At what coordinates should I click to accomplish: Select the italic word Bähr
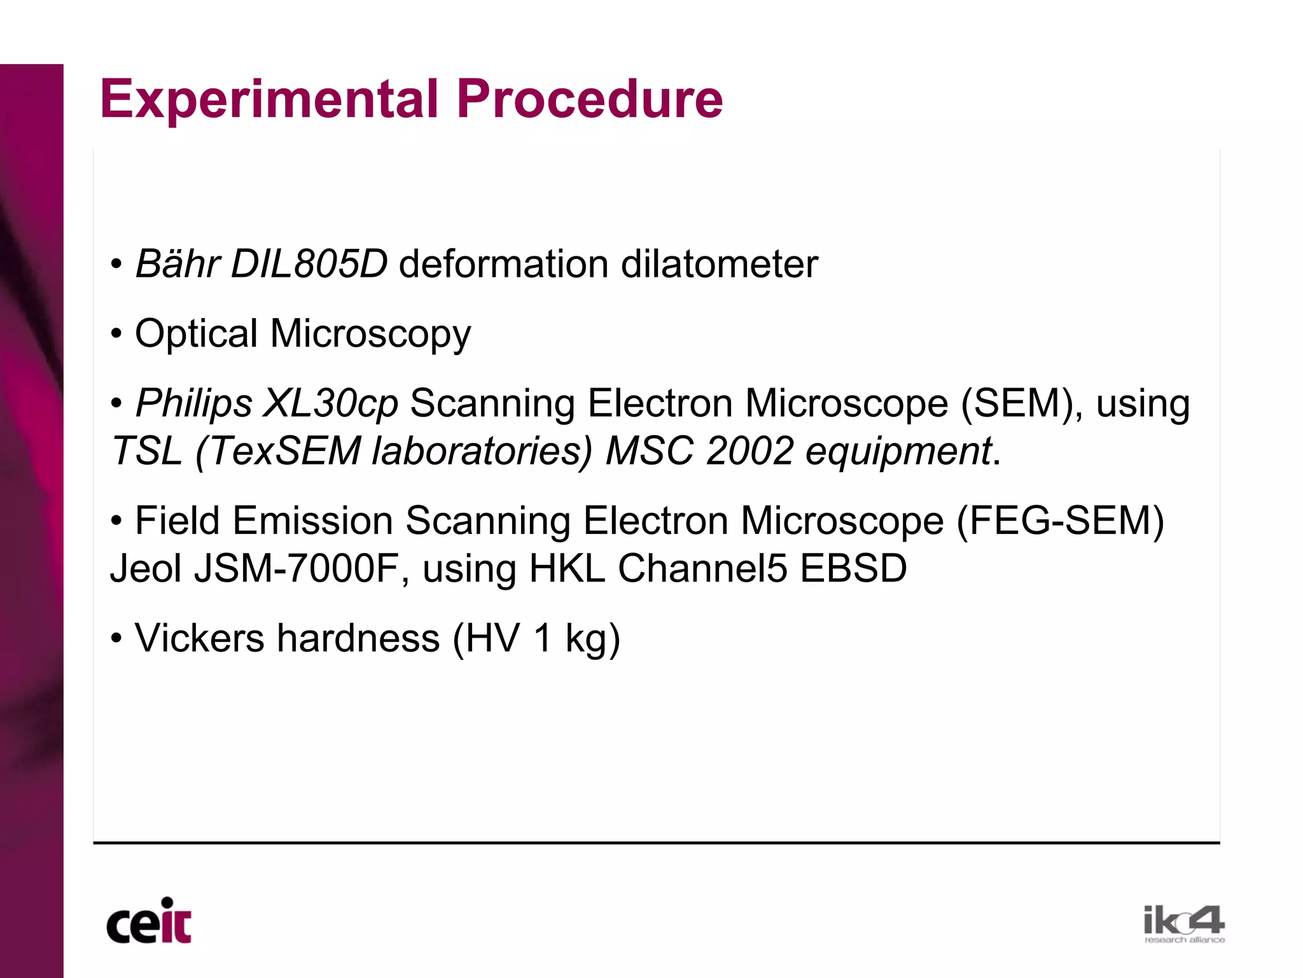(x=178, y=263)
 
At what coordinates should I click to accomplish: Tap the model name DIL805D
(x=309, y=263)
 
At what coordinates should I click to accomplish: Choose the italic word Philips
(x=194, y=403)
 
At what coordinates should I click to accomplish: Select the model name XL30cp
(x=331, y=403)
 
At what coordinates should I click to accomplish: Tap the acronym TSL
(x=146, y=451)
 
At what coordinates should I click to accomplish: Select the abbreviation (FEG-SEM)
(x=1060, y=520)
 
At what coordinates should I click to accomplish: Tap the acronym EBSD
(x=853, y=568)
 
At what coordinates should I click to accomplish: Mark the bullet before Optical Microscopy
(x=116, y=333)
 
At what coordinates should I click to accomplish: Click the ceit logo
(x=149, y=921)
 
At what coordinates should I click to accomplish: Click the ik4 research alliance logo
(x=1183, y=924)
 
